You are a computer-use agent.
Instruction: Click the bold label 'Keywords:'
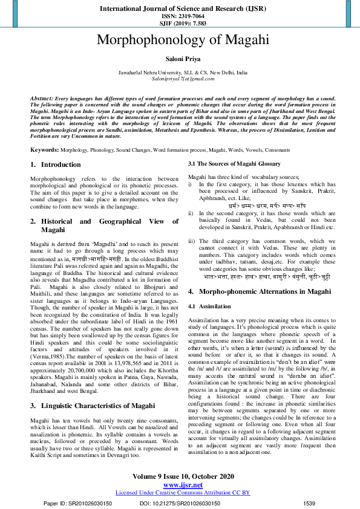pyautogui.click(x=44, y=149)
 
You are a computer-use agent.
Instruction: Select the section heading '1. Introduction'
pyautogui.click(x=55, y=164)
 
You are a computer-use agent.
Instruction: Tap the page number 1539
pyautogui.click(x=309, y=503)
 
